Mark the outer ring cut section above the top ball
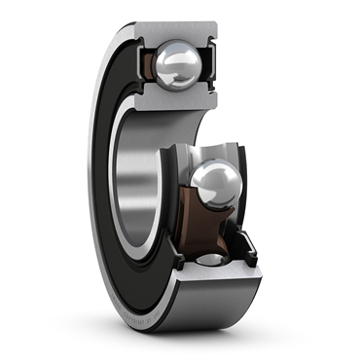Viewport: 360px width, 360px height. click(x=181, y=30)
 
